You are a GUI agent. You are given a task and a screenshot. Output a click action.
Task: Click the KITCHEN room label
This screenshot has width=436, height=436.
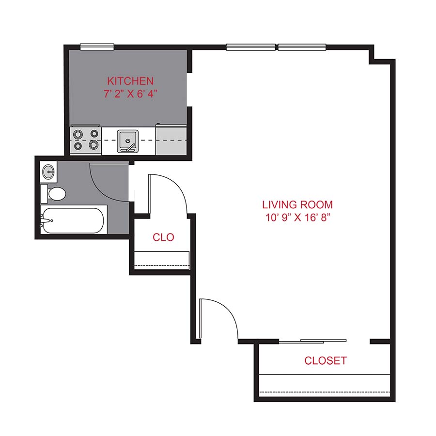click(x=130, y=80)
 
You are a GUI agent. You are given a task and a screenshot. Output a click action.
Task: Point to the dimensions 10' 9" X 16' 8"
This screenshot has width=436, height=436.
click(x=297, y=217)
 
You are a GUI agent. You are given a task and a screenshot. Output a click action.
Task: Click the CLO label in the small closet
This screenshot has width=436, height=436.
click(x=163, y=237)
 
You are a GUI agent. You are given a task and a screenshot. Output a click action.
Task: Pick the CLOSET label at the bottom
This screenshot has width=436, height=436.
click(x=325, y=360)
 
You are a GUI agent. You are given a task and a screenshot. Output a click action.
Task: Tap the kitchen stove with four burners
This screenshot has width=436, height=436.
click(x=85, y=140)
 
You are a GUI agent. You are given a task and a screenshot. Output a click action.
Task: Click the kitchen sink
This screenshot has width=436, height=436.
click(x=128, y=140)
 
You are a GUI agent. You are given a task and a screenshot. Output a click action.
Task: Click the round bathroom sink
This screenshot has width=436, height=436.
click(x=49, y=171)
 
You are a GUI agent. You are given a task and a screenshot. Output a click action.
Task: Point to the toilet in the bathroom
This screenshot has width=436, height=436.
click(x=54, y=194)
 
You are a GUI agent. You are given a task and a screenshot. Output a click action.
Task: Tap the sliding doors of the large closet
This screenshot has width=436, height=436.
click(x=313, y=341)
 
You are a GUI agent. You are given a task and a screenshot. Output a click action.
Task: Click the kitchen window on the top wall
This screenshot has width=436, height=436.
click(x=97, y=47)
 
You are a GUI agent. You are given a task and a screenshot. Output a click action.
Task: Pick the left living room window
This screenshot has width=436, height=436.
click(x=251, y=47)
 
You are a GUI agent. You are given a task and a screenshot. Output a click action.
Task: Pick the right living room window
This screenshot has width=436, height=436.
click(x=302, y=47)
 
